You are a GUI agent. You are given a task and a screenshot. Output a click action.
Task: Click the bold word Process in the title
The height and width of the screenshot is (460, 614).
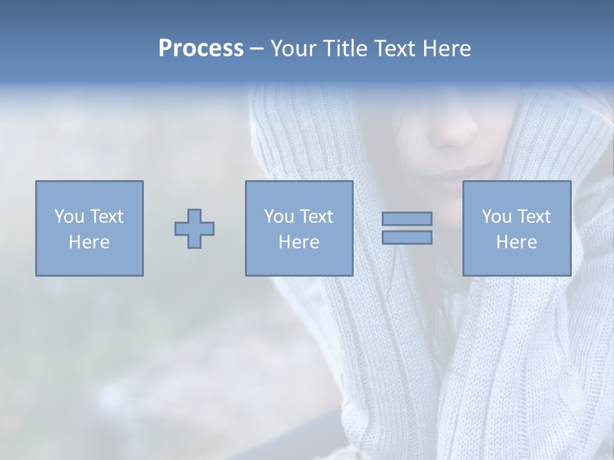click(x=201, y=49)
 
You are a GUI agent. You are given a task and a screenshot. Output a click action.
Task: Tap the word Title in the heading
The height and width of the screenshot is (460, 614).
click(x=346, y=49)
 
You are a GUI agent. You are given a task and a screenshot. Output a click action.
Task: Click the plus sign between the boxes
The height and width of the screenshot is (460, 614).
click(x=194, y=229)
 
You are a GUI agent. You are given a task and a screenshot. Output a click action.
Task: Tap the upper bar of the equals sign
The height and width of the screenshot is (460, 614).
click(x=407, y=218)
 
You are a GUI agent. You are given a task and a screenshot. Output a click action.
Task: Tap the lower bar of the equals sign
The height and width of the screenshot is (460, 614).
click(x=407, y=238)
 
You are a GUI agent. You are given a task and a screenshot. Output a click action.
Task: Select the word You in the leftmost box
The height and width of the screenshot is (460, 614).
click(x=69, y=217)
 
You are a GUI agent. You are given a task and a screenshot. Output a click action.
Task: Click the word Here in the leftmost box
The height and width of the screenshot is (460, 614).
click(x=89, y=242)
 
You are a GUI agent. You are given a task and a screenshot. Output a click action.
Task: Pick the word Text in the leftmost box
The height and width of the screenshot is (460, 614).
click(x=106, y=217)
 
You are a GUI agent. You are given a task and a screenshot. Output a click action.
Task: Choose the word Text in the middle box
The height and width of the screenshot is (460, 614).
click(x=316, y=217)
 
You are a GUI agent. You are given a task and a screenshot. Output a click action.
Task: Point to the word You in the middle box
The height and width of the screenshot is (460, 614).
click(x=279, y=217)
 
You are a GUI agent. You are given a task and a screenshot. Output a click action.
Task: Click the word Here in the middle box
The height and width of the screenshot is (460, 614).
click(x=299, y=242)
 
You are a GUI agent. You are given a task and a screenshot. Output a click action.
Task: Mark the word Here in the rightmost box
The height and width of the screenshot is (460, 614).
click(x=516, y=242)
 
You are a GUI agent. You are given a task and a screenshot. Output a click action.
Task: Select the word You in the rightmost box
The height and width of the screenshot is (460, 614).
click(x=496, y=217)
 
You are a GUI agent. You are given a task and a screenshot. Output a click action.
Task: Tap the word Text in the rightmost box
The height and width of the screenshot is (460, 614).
click(x=533, y=217)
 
